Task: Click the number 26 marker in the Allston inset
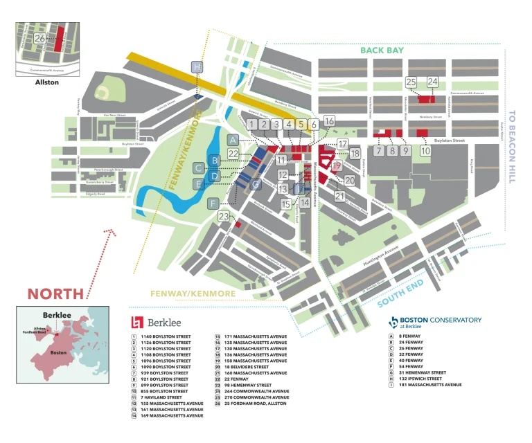point(39,39)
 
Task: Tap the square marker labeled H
point(198,67)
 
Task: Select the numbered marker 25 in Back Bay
point(411,82)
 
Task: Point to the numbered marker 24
point(432,82)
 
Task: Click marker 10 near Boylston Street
point(425,150)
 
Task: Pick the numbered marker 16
point(329,121)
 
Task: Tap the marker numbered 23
point(223,217)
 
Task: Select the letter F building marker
point(213,203)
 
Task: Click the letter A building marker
point(233,140)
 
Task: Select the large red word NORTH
point(55,293)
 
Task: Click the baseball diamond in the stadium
point(105,92)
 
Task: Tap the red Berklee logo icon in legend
point(137,322)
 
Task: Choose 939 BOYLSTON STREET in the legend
point(165,373)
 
